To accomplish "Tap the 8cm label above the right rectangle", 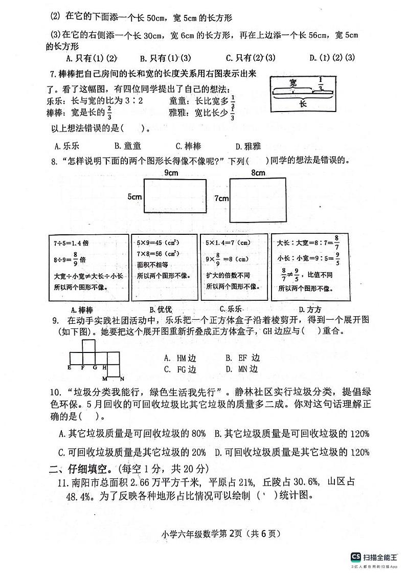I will [258, 173].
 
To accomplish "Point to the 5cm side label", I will [134, 196].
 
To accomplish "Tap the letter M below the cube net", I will [105, 379].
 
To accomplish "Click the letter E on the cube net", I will [70, 367].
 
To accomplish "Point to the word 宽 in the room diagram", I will [292, 82].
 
